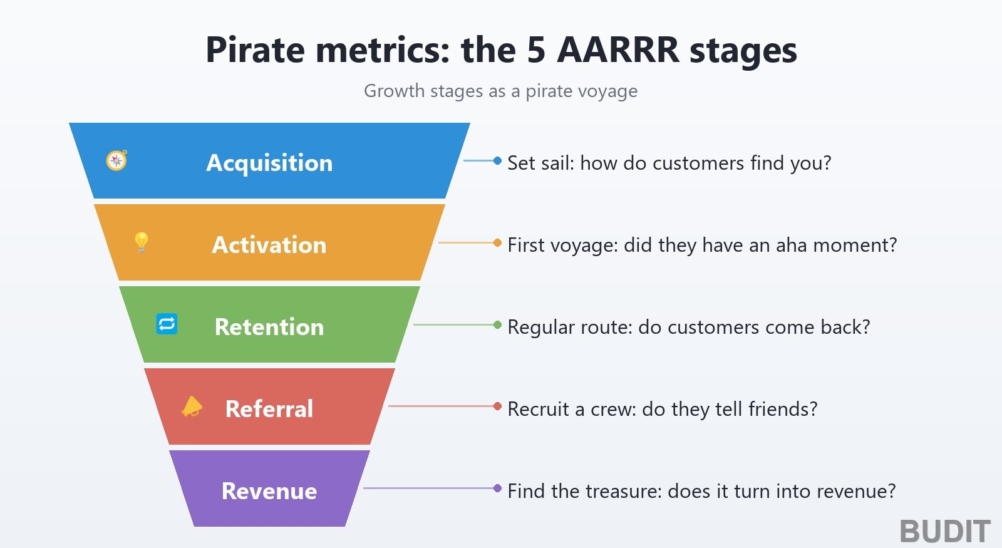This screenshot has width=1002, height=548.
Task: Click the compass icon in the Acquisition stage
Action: coord(116,160)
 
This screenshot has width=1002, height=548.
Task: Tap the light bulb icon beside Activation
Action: coord(142,242)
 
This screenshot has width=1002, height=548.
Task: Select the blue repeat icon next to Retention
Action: coord(167,324)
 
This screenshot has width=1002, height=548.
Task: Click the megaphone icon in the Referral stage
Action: coord(192,406)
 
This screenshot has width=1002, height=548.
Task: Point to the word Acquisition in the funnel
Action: coord(269,163)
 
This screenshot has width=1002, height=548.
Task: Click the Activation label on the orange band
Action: coord(269,245)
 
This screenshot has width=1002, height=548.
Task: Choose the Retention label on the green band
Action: coord(269,326)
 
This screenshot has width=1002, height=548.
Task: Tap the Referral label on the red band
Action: coord(269,408)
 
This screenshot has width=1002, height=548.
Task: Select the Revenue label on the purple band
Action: coord(269,491)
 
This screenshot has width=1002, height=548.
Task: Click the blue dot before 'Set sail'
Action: coord(497,160)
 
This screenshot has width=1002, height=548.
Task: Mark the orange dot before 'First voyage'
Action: coord(497,242)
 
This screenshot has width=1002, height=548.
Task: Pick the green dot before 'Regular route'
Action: coord(497,324)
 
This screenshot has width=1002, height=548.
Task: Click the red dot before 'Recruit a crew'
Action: coord(497,406)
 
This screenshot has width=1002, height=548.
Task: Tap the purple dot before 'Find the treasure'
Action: coord(497,488)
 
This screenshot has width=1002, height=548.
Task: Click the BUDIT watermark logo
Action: coord(945,532)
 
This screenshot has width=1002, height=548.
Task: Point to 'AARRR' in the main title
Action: coord(619,49)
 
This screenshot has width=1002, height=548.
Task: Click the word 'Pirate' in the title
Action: coord(256,49)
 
